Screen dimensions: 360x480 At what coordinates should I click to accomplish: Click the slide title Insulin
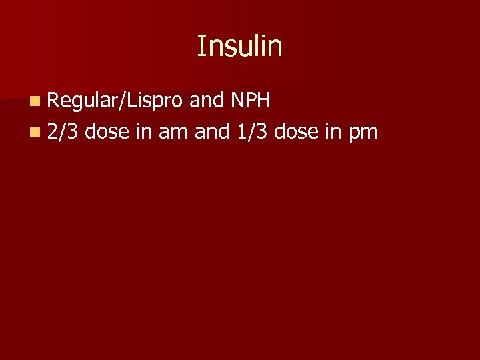(x=239, y=46)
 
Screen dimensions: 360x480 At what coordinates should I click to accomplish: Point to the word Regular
(x=77, y=102)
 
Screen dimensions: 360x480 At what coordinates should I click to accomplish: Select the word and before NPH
(x=206, y=101)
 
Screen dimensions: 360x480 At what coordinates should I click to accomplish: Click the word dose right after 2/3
(x=107, y=131)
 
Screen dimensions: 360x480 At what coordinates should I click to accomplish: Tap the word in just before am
(x=143, y=131)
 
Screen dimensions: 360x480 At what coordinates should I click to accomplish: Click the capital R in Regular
(x=54, y=102)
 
